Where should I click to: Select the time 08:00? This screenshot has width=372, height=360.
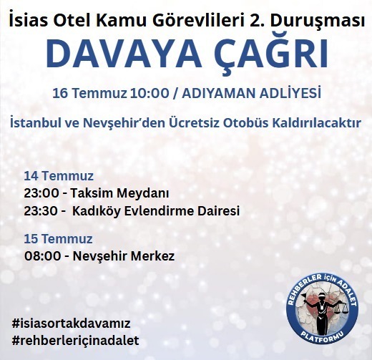click(39, 256)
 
